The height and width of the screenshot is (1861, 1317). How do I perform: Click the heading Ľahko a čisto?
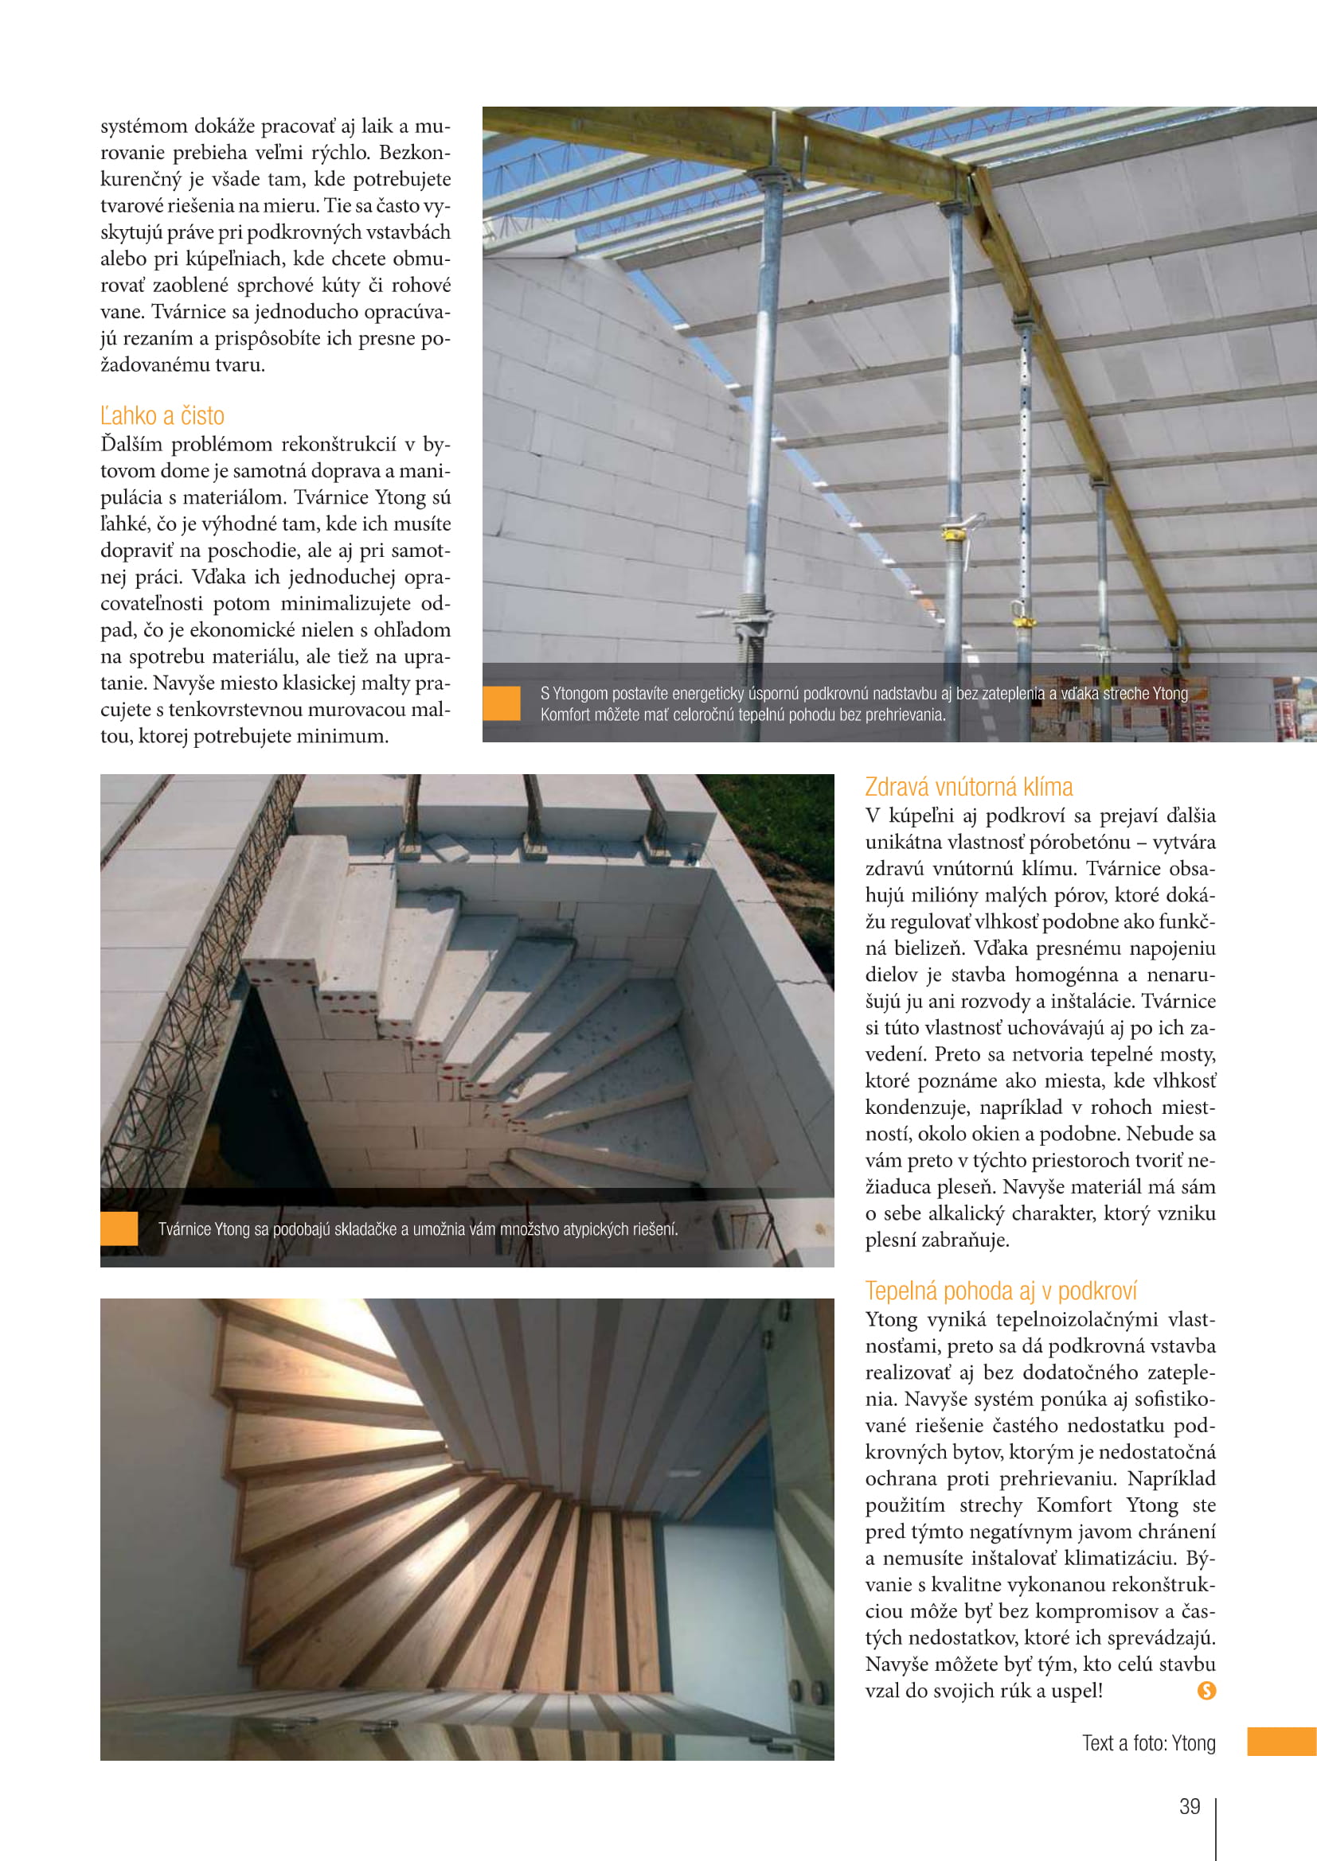click(x=162, y=416)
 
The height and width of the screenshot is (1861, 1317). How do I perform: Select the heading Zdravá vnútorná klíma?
click(x=968, y=787)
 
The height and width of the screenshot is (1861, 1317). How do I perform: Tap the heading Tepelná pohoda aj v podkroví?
click(x=1001, y=1291)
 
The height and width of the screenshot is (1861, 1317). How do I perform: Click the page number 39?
click(x=1190, y=1807)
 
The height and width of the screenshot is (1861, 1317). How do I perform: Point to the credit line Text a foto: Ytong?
click(x=1148, y=1743)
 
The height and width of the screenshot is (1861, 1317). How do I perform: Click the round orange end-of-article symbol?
click(x=1206, y=1690)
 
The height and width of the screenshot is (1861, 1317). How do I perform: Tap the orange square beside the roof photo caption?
click(x=501, y=703)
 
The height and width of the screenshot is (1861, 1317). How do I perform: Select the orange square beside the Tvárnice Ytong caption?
click(x=119, y=1228)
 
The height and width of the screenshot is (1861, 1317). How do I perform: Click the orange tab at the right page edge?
click(x=1281, y=1742)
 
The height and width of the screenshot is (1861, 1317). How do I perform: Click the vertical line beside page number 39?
click(x=1217, y=1828)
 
